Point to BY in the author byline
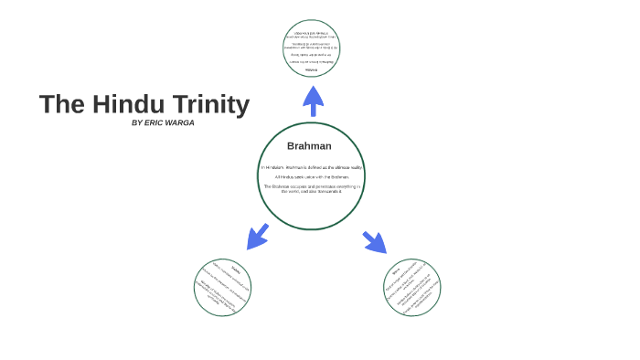[x=137, y=122]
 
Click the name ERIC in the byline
[x=156, y=122]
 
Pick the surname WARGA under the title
[x=181, y=122]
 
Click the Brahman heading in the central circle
[x=309, y=146]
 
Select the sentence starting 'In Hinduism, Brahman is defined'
[x=311, y=167]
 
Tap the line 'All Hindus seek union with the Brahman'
[x=312, y=176]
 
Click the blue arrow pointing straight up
[x=313, y=99]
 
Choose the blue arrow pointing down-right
[x=374, y=242]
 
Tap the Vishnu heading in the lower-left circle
[x=236, y=270]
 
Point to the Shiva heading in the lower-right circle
[x=397, y=270]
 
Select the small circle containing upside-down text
[x=312, y=48]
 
